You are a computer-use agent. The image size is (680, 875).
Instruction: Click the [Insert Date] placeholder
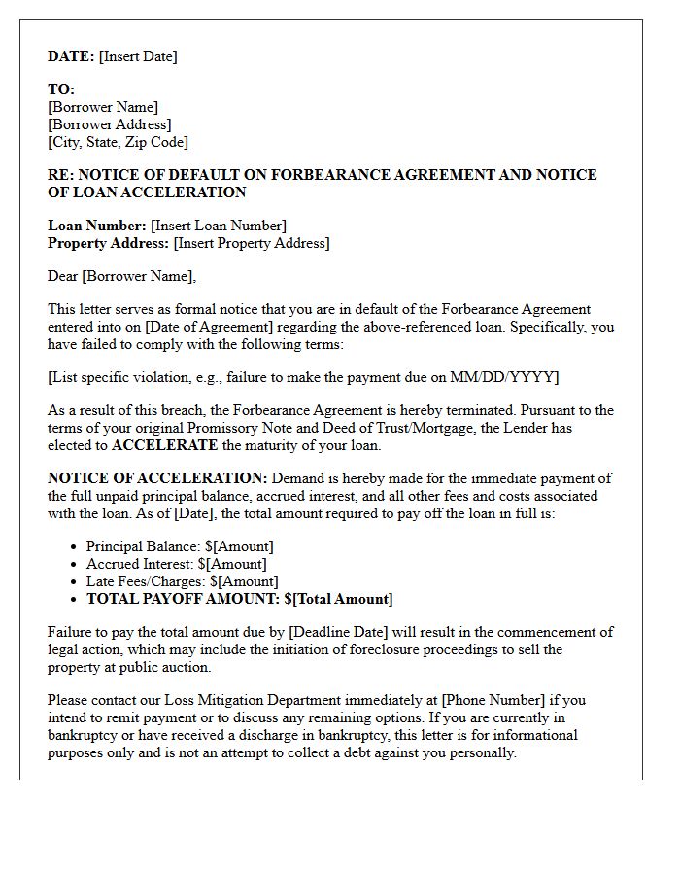(138, 56)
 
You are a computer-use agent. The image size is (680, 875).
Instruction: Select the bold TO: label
(61, 89)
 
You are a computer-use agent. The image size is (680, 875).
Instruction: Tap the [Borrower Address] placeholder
(109, 124)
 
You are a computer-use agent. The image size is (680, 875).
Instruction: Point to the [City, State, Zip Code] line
(118, 142)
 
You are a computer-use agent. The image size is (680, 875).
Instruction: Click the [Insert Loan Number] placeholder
(219, 226)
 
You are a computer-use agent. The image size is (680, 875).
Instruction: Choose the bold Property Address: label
(109, 243)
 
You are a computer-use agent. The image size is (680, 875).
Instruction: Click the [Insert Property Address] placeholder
(252, 243)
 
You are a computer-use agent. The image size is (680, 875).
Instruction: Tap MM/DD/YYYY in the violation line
(508, 377)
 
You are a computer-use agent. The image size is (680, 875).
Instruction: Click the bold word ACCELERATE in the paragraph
(165, 445)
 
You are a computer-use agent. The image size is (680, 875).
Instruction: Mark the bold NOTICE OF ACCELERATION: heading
(157, 478)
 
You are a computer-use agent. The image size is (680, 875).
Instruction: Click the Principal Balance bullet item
(180, 546)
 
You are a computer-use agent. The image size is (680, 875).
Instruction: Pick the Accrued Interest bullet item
(176, 564)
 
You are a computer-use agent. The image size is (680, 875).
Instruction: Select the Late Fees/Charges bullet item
(182, 581)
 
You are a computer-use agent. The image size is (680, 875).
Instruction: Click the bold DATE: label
(71, 56)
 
